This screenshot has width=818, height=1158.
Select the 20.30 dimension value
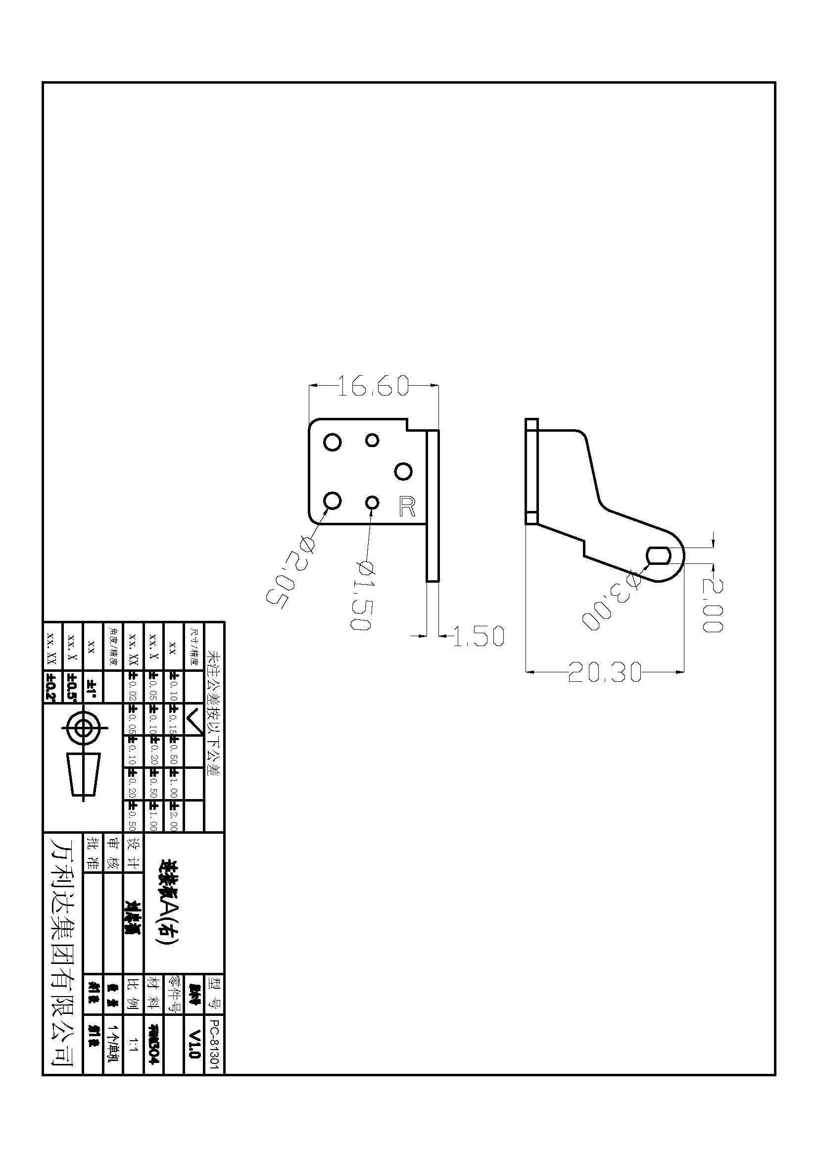coord(604,672)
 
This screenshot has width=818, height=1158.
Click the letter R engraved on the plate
coord(407,506)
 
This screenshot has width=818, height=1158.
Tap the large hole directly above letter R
coord(403,472)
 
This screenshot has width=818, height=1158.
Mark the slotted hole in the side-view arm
coord(659,555)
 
